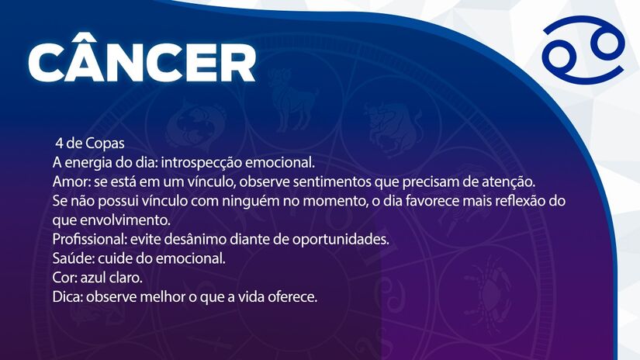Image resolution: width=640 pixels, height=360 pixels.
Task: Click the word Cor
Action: (x=64, y=277)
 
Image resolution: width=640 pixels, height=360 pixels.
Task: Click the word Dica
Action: (x=67, y=296)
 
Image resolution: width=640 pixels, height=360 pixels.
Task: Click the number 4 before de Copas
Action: (x=59, y=144)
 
